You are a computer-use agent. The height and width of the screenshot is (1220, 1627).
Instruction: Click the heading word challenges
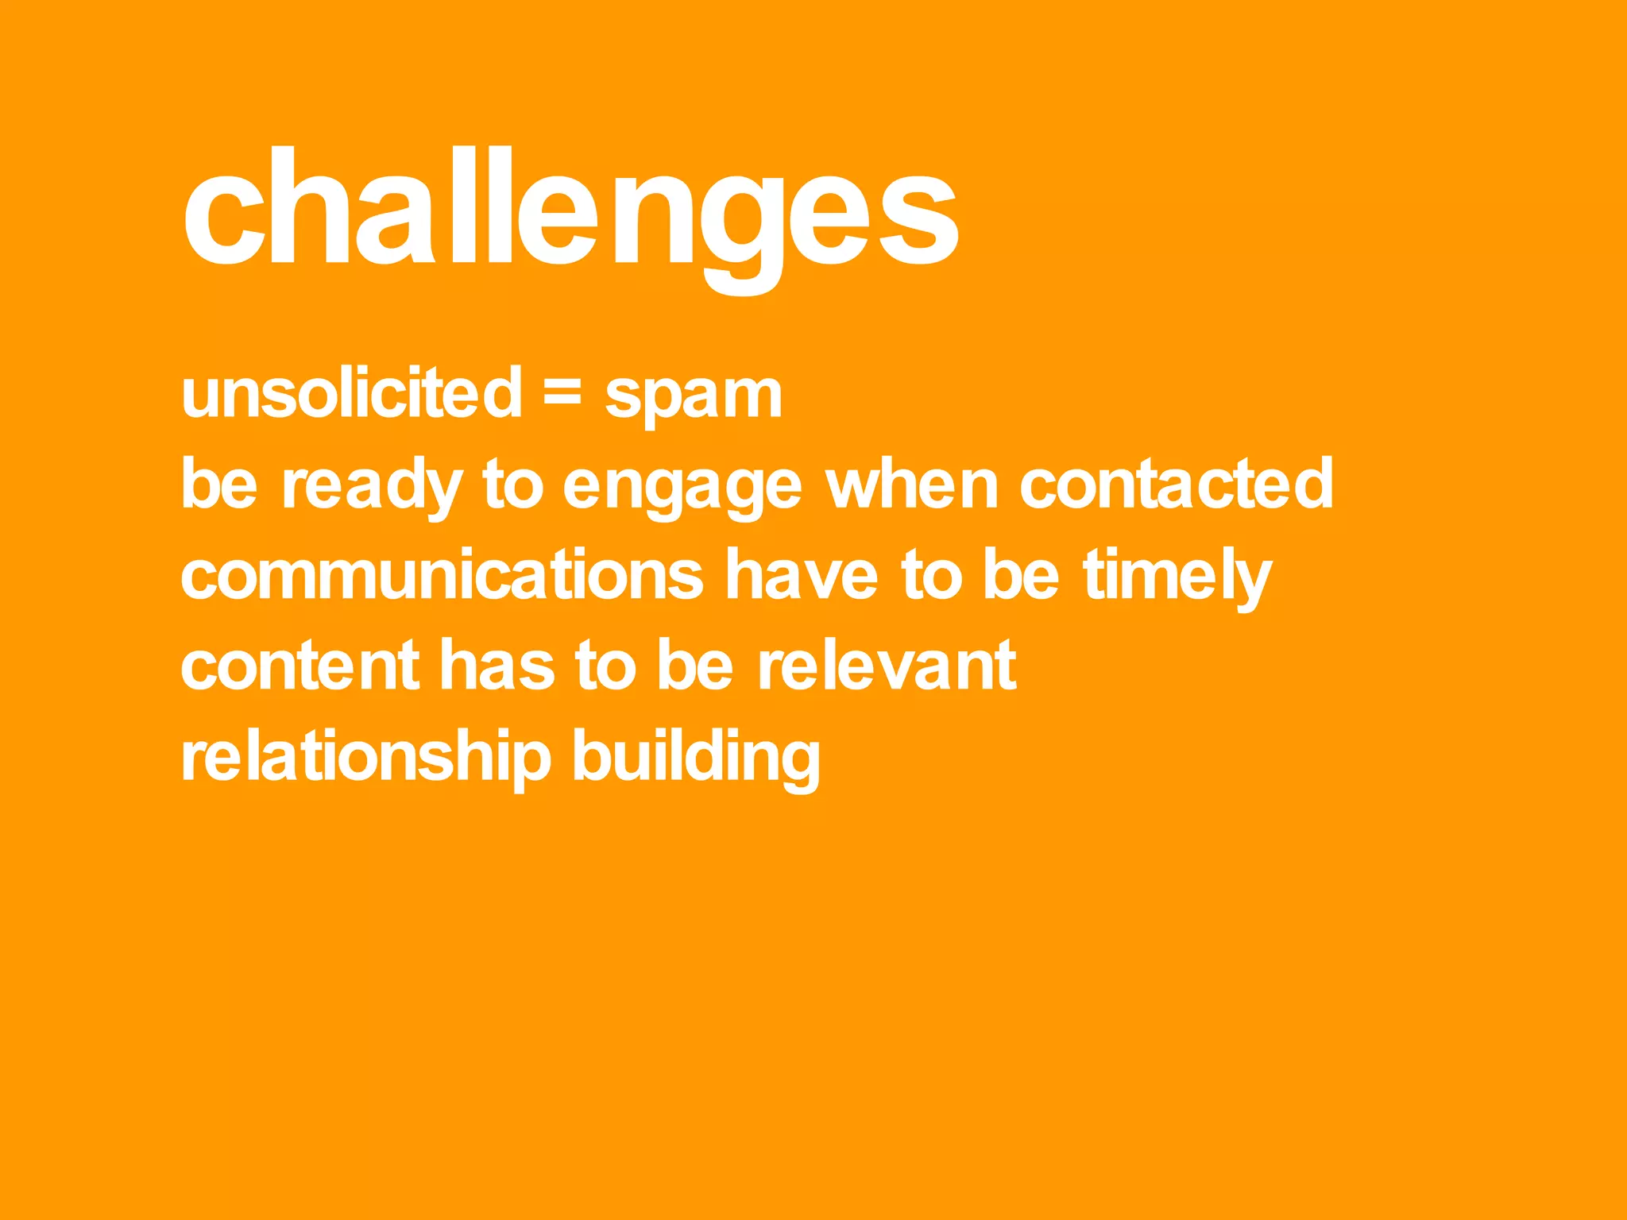click(570, 208)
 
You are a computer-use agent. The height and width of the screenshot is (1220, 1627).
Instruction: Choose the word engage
click(682, 486)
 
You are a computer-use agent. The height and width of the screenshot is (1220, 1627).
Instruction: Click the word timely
click(1177, 576)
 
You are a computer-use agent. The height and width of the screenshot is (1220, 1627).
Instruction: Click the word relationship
click(365, 757)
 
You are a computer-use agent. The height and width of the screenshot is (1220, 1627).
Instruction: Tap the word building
click(696, 757)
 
